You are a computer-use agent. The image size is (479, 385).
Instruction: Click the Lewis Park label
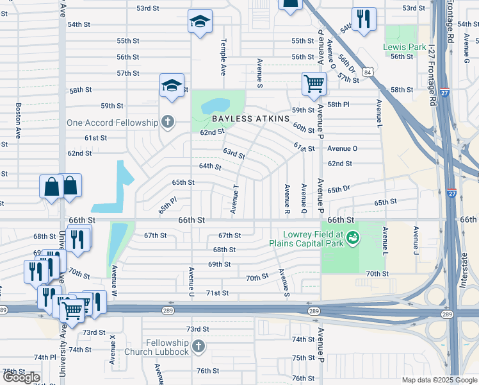pyautogui.click(x=404, y=47)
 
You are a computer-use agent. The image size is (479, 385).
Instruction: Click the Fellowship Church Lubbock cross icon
pyautogui.click(x=198, y=346)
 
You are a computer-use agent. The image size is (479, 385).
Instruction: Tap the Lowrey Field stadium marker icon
pyautogui.click(x=352, y=239)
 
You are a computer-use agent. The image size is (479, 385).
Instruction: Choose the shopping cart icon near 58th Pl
pyautogui.click(x=314, y=83)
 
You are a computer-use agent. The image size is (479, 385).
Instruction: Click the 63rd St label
pyautogui.click(x=234, y=153)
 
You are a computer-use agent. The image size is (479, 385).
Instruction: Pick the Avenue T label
pyautogui.click(x=235, y=199)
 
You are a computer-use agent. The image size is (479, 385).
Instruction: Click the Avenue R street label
pyautogui.click(x=287, y=198)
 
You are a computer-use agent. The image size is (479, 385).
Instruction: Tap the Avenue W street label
pyautogui.click(x=115, y=280)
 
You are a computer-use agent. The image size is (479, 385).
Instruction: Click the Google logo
pyautogui.click(x=21, y=377)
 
